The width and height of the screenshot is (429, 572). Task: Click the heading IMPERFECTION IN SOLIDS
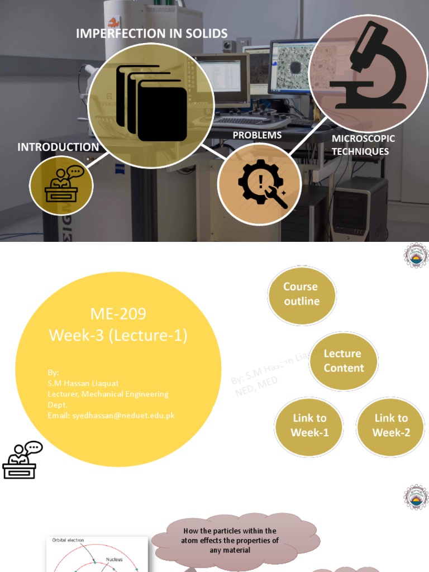click(x=151, y=33)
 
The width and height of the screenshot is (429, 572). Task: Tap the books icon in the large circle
click(x=151, y=103)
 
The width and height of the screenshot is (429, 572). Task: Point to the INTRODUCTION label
click(x=58, y=147)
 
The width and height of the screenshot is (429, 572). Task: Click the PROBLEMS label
click(x=257, y=135)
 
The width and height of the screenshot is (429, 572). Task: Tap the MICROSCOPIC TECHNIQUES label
click(x=363, y=145)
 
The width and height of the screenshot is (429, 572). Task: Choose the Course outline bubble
click(x=301, y=294)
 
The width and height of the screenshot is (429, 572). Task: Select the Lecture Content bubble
click(x=344, y=361)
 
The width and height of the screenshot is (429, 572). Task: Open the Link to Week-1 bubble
click(x=309, y=426)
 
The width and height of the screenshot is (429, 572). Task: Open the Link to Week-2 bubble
click(x=391, y=426)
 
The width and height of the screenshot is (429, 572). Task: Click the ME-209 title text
click(x=118, y=314)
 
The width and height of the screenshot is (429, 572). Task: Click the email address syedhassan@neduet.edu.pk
click(x=111, y=415)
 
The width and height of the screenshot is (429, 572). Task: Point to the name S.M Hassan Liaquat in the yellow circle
click(x=83, y=383)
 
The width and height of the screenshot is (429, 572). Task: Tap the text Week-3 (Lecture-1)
click(x=118, y=336)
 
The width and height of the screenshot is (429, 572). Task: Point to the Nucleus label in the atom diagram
click(x=114, y=559)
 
